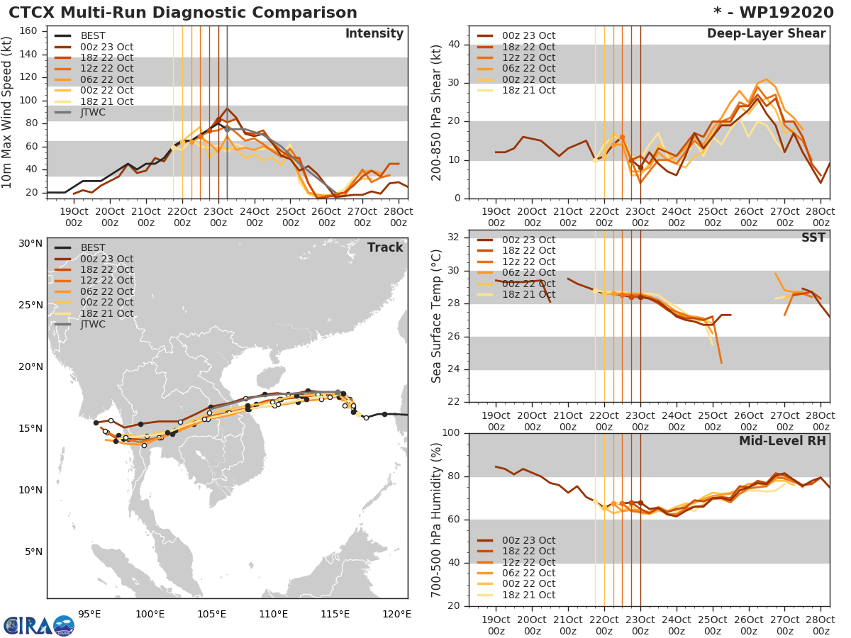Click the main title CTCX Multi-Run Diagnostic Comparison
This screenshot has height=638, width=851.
183,13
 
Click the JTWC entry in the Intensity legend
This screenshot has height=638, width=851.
93,112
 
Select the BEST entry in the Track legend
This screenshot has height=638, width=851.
93,247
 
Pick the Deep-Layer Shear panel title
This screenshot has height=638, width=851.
766,34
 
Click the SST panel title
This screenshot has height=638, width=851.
813,237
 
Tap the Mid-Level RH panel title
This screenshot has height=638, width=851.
782,441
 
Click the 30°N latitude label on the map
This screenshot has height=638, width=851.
30,243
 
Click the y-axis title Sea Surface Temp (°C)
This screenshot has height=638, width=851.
437,316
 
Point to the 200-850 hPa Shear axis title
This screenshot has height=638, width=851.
437,112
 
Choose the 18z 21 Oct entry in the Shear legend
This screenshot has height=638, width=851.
528,90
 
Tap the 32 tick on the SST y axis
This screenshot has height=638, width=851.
455,236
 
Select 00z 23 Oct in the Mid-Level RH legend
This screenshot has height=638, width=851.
528,540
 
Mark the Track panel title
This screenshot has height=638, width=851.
384,247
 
